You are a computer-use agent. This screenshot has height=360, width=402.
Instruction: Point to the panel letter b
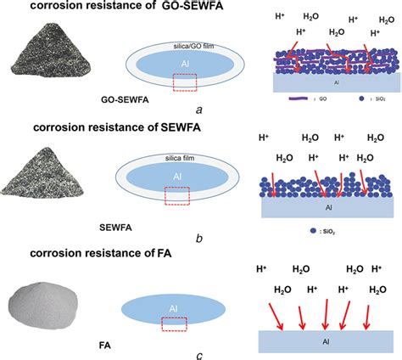click(x=198, y=240)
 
